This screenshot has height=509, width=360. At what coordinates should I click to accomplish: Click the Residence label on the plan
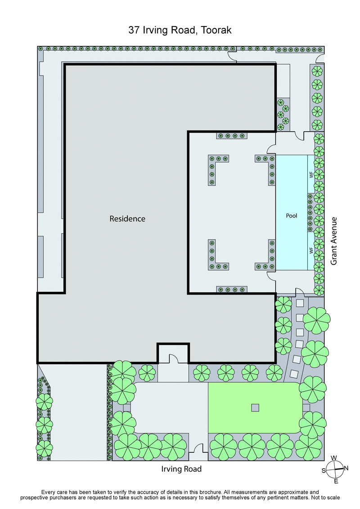[x=127, y=219]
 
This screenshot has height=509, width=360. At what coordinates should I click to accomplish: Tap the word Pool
[x=292, y=216]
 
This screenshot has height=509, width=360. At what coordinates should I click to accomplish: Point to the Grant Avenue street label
[x=334, y=241]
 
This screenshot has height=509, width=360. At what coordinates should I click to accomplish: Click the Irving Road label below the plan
[x=181, y=469]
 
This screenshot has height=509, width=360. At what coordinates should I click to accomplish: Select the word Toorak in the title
[x=216, y=31]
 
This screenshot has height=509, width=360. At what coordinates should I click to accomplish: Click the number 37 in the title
[x=134, y=31]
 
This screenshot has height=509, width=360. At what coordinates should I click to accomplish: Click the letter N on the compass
[x=346, y=468]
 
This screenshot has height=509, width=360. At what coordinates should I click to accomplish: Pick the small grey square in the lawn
[x=255, y=408]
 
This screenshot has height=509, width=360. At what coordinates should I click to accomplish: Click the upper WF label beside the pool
[x=311, y=175]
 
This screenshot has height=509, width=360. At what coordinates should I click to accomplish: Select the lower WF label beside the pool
[x=311, y=250]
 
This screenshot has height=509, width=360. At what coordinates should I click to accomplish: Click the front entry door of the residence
[x=173, y=358]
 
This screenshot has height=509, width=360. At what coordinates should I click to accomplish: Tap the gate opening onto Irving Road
[x=198, y=451]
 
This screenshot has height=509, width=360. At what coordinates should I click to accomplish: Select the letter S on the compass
[x=324, y=471]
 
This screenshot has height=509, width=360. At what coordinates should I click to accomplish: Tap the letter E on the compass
[x=337, y=482]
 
